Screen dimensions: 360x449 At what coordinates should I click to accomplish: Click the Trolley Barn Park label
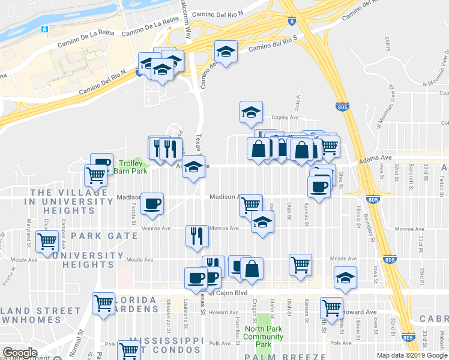133,166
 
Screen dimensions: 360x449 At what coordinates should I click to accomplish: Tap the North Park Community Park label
264,336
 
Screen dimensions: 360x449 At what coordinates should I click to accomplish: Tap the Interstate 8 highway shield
291,21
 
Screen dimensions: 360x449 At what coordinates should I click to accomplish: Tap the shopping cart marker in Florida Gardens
104,303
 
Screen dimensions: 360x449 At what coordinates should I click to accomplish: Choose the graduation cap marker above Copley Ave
251,111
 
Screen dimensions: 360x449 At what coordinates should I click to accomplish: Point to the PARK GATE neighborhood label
104,236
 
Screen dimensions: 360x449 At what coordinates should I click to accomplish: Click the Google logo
20,353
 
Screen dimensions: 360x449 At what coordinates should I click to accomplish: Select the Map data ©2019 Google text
411,355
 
